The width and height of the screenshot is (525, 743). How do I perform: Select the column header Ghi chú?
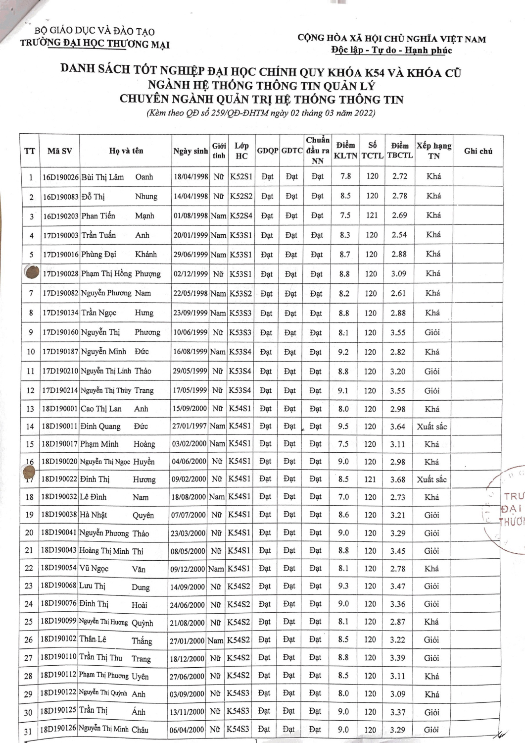point(478,151)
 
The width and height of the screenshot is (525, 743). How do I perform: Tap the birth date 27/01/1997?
point(189,426)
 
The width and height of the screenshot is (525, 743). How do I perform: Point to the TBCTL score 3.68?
point(397,479)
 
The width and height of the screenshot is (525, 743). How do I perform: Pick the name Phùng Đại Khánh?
point(119,255)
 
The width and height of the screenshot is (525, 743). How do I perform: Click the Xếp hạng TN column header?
point(433,151)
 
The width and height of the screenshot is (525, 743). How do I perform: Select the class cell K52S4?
point(241,216)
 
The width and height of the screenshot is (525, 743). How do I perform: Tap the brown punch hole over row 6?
point(32,273)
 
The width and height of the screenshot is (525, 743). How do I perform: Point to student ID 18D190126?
point(58,729)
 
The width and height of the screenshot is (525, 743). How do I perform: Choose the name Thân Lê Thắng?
point(116,640)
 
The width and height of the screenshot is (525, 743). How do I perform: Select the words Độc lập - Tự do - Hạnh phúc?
point(391,50)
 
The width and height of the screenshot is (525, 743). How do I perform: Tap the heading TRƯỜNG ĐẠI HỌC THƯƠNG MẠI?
point(95,44)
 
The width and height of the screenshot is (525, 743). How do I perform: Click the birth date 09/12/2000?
point(188,569)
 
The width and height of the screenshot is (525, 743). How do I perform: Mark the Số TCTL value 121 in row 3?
point(372,215)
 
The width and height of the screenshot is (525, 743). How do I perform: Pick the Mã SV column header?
point(59,151)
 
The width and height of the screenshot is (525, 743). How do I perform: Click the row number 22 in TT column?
point(29,568)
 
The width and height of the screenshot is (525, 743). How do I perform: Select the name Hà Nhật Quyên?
point(117,515)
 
